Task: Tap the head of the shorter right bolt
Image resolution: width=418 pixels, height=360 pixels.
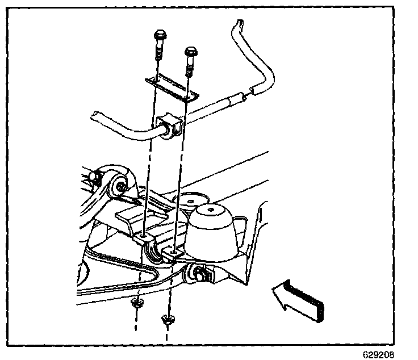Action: pyautogui.click(x=189, y=53)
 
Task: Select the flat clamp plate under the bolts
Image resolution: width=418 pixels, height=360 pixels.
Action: pyautogui.click(x=170, y=87)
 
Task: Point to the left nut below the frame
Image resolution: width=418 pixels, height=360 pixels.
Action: pyautogui.click(x=136, y=304)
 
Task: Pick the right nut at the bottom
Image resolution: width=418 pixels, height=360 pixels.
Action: pyautogui.click(x=167, y=320)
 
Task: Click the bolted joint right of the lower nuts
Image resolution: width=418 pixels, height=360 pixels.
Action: pyautogui.click(x=202, y=274)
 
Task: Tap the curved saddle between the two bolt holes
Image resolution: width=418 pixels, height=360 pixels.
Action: pyautogui.click(x=154, y=250)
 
